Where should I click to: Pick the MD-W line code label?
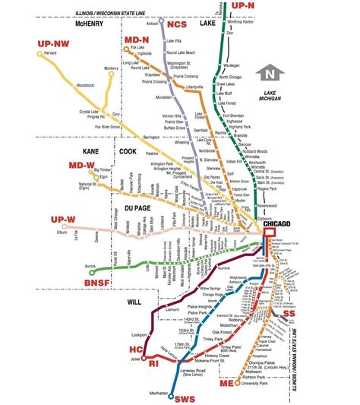81,164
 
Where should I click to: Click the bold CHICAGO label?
279,226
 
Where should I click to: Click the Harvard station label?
30,54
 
